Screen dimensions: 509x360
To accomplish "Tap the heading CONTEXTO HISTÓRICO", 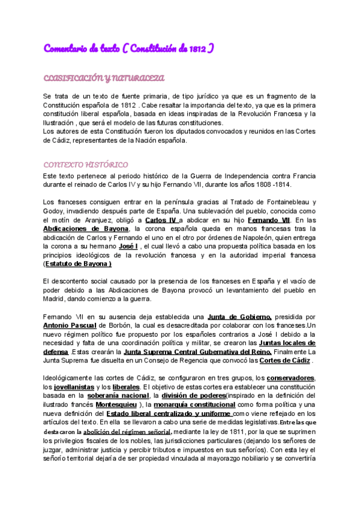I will click(86, 164).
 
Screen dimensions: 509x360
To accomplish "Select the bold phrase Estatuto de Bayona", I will click(79, 264).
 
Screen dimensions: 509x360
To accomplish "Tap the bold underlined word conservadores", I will click(291, 378).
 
